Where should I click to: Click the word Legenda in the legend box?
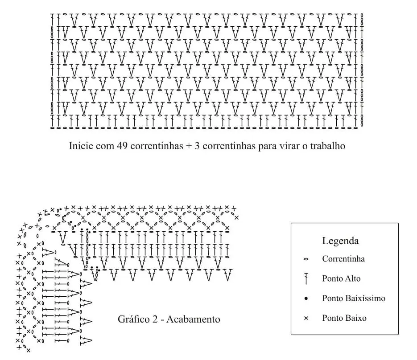click(340, 241)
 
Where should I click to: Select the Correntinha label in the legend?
click(343, 259)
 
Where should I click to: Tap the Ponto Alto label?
click(341, 279)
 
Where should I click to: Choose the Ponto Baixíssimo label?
click(354, 299)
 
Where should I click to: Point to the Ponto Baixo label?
click(344, 318)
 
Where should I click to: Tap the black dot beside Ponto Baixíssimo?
click(306, 299)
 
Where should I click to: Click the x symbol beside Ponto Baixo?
click(306, 319)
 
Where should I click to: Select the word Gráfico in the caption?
click(133, 319)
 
